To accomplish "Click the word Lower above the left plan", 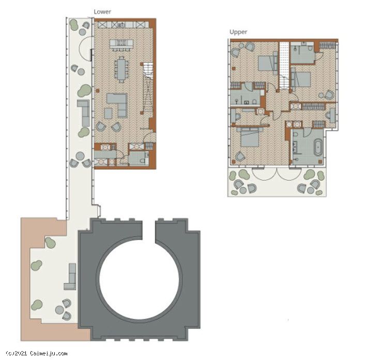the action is (102, 12).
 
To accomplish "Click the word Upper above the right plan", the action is (238, 32).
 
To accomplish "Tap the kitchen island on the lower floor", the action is (121, 44).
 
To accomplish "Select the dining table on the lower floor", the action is (121, 70).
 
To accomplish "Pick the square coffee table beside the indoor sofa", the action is (108, 113).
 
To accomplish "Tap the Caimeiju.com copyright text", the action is (37, 353).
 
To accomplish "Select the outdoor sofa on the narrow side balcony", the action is (84, 113).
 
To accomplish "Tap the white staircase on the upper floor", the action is (284, 65).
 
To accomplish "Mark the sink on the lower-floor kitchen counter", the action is (121, 25).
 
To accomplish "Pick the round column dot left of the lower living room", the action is (98, 91).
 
